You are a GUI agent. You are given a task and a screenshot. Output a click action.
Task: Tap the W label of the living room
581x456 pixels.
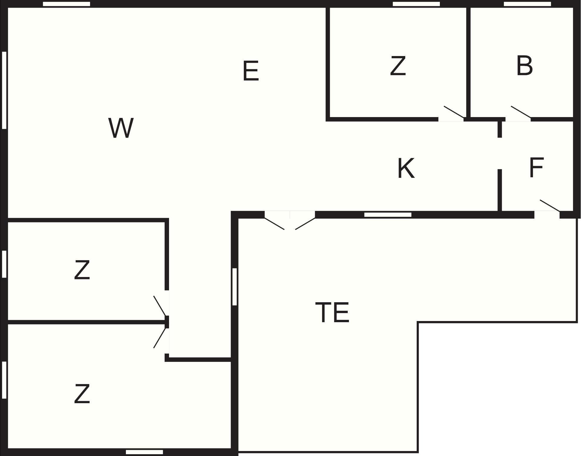click(121, 128)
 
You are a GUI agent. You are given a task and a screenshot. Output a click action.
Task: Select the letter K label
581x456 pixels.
click(406, 168)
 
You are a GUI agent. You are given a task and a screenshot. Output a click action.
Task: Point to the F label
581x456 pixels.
click(536, 168)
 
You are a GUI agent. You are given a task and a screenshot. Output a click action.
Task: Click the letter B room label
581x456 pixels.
click(524, 66)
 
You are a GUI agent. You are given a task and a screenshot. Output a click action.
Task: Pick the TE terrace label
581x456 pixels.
click(332, 313)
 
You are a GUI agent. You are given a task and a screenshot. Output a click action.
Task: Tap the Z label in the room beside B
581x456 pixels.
click(398, 66)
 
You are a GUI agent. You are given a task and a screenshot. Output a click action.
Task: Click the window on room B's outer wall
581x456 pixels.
click(527, 4)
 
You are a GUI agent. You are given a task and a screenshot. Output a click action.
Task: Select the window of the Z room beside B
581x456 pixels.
click(416, 4)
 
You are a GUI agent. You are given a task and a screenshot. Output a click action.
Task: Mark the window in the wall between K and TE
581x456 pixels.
click(388, 215)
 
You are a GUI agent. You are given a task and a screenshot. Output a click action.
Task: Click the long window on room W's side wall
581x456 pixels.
click(4, 90)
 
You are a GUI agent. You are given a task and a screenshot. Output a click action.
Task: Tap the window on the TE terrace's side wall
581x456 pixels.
click(234, 287)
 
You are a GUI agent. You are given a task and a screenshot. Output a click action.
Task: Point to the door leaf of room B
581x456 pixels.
click(521, 112)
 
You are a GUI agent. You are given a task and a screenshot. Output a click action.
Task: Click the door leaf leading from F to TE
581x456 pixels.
click(550, 205)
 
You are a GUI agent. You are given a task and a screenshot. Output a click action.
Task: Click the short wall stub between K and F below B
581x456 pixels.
click(500, 129)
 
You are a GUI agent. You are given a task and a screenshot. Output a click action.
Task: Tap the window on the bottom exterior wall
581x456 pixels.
click(144, 452)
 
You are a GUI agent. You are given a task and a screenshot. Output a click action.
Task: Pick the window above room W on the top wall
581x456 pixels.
click(66, 4)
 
